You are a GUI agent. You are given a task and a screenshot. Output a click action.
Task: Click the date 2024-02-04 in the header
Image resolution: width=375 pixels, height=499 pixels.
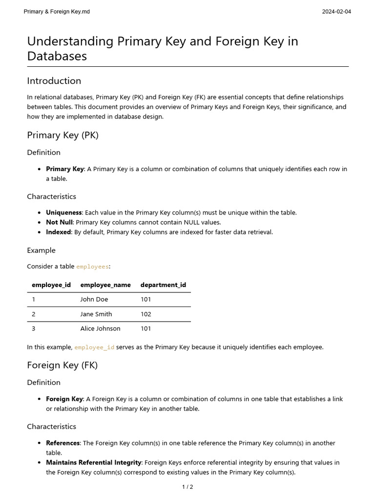(x=336, y=11)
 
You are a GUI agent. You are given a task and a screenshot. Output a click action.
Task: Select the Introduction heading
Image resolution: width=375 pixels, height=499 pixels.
(x=54, y=81)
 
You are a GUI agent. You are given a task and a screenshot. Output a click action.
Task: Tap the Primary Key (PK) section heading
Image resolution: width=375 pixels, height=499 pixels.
(x=62, y=135)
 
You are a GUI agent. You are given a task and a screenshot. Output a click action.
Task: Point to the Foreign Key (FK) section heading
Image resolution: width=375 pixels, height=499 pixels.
(x=62, y=365)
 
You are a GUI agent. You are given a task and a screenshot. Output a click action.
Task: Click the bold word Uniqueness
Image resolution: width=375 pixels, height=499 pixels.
(x=63, y=212)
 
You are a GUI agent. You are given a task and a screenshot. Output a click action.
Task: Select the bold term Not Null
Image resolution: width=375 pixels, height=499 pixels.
(x=59, y=222)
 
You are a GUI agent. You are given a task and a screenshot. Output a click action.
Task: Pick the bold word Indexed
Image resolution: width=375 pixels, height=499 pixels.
(x=59, y=232)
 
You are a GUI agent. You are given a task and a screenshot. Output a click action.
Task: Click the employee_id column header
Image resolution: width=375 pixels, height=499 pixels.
(x=51, y=285)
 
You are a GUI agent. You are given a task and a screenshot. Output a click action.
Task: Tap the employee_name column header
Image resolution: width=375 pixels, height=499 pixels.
(x=105, y=285)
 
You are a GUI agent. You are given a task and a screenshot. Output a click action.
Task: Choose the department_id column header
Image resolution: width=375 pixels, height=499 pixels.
(x=163, y=285)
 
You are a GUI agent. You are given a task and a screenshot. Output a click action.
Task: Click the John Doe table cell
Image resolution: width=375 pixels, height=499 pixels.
(x=94, y=299)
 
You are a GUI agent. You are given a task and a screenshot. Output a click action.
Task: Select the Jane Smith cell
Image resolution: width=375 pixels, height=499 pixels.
(x=96, y=314)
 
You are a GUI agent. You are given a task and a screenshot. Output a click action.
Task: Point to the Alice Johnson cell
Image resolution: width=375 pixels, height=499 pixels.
(x=100, y=328)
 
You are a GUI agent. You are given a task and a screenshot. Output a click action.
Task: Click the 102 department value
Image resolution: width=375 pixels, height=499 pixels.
(x=146, y=314)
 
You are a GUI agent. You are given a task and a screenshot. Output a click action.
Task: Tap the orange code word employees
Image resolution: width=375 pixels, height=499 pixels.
(x=92, y=267)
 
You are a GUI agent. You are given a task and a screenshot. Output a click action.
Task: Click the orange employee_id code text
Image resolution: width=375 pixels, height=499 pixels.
(x=94, y=347)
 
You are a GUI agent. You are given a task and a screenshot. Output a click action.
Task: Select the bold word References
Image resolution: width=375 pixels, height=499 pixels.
(x=63, y=443)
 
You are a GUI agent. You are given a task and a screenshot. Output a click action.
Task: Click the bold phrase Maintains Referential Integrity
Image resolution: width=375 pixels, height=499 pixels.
(x=94, y=462)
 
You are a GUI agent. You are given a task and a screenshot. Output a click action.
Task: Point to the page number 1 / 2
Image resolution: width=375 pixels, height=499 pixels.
(x=187, y=487)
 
